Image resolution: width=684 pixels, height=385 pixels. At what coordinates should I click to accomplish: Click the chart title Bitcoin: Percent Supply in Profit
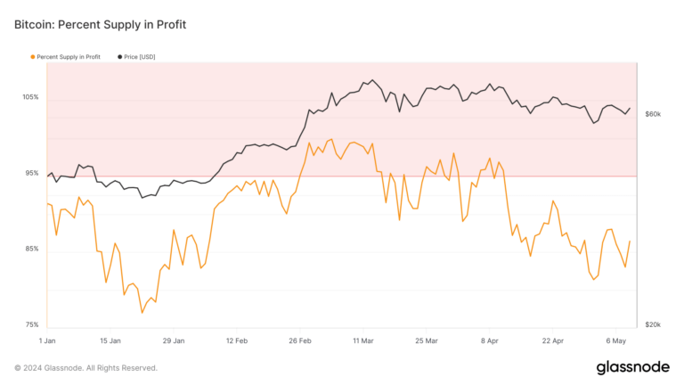coord(101,24)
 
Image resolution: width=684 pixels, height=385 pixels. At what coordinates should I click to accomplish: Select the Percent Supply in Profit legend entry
coord(68,57)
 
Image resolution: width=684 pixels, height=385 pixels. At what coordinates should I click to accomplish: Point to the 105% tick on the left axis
coord(30,96)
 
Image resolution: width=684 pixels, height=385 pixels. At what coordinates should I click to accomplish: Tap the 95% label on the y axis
coord(30,173)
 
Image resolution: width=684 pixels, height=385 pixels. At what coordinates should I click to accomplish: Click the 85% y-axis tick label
coord(30,249)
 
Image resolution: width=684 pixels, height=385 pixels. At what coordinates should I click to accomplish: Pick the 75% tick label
coord(30,325)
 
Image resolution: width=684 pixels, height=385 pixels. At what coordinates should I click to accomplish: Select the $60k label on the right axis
coord(653,115)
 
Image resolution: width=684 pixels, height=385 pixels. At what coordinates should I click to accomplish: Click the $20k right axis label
coord(653,325)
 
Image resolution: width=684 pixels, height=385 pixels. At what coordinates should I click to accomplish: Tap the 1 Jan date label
coord(48,340)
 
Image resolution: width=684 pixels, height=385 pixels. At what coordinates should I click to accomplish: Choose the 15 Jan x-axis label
coord(110,340)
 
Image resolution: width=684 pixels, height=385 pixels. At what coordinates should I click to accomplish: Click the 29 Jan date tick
coord(174,340)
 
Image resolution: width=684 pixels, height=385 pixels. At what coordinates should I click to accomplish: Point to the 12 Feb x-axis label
coord(237,340)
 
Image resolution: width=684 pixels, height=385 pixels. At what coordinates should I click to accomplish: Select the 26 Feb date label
coord(300,340)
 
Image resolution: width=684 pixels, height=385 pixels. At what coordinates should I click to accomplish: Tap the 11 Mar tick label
coord(363,340)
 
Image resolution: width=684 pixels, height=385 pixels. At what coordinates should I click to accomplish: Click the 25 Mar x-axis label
coord(427,340)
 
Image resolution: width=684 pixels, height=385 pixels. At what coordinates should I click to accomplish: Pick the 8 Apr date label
coord(490,340)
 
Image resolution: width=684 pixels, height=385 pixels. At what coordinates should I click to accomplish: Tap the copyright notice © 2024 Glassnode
coord(86,367)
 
